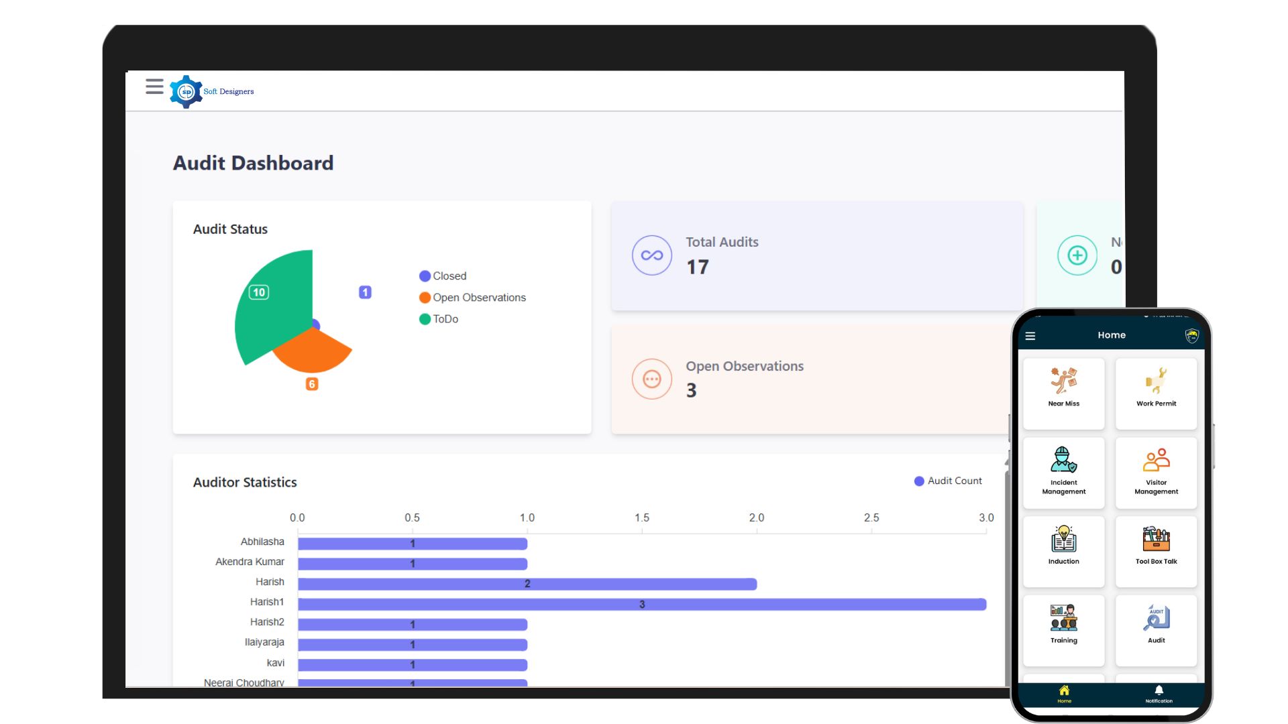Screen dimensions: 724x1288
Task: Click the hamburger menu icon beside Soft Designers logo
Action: pyautogui.click(x=154, y=86)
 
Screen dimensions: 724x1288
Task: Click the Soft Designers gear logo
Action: pyautogui.click(x=186, y=92)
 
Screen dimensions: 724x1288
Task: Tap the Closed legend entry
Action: pyautogui.click(x=443, y=276)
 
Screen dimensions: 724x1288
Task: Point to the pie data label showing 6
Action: pyautogui.click(x=312, y=384)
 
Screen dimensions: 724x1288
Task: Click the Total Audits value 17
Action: pyautogui.click(x=697, y=267)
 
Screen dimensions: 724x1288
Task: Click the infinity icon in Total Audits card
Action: pyautogui.click(x=651, y=255)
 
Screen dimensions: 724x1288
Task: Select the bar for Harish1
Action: pyautogui.click(x=641, y=605)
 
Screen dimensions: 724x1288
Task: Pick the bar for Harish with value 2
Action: pyautogui.click(x=527, y=585)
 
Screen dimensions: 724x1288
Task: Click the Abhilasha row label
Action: pyautogui.click(x=262, y=542)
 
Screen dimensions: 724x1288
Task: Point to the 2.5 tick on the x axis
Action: pyautogui.click(x=871, y=518)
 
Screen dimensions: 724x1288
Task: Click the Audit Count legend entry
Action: pyautogui.click(x=948, y=481)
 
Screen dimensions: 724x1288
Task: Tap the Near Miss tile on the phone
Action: pyautogui.click(x=1063, y=393)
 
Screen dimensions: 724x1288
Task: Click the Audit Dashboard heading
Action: pyautogui.click(x=253, y=164)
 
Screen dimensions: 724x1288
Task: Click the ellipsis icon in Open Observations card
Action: pyautogui.click(x=651, y=379)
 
